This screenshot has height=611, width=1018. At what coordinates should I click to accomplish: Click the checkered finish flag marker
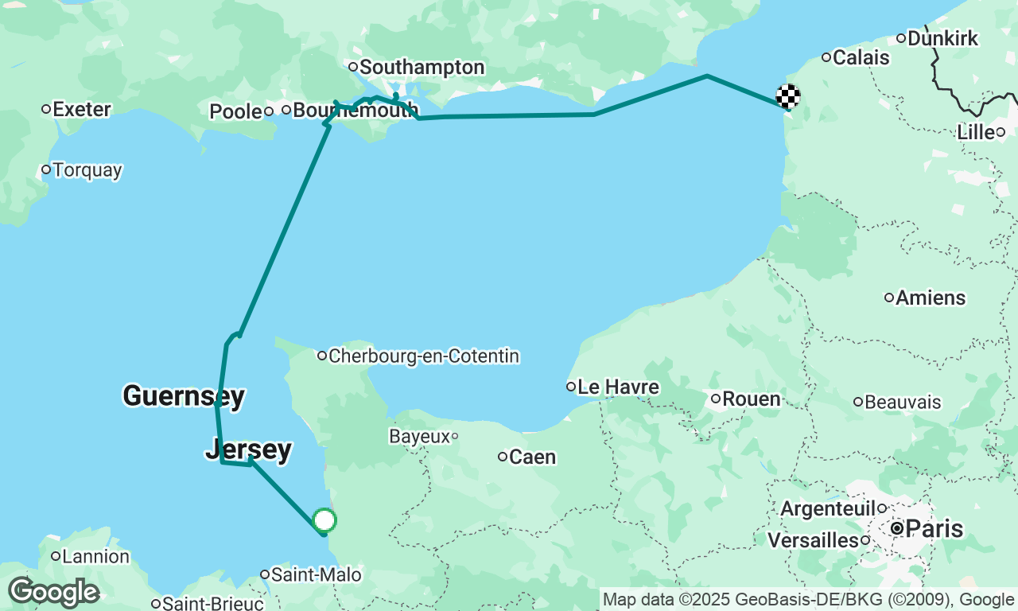click(787, 97)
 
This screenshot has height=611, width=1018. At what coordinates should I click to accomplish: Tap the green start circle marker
click(324, 520)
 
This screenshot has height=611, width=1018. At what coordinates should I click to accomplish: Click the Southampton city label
click(422, 68)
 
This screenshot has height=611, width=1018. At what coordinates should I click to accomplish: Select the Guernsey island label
click(183, 395)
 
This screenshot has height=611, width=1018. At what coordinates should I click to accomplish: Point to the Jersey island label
click(248, 449)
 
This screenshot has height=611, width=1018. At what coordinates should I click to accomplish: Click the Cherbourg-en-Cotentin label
click(423, 356)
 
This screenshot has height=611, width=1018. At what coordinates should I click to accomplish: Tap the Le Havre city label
click(617, 387)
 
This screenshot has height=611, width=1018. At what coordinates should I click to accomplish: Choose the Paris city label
click(934, 528)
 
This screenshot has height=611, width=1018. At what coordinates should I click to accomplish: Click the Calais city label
click(861, 57)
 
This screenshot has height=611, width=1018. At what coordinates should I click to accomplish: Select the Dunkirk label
click(942, 38)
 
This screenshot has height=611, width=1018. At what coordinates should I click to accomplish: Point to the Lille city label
click(975, 132)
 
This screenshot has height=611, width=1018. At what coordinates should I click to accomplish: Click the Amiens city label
click(930, 298)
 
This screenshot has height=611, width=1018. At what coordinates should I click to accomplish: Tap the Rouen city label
click(751, 399)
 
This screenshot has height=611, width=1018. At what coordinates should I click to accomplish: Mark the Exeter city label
click(81, 109)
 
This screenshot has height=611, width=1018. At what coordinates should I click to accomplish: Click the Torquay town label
click(87, 170)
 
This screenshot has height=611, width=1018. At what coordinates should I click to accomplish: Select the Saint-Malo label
click(315, 574)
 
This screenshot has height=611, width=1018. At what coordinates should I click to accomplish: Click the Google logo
click(53, 593)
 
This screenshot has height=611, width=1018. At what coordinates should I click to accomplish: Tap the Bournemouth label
click(355, 110)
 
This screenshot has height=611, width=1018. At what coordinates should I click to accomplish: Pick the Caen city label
click(531, 457)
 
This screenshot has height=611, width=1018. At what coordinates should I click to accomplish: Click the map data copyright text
click(808, 600)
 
